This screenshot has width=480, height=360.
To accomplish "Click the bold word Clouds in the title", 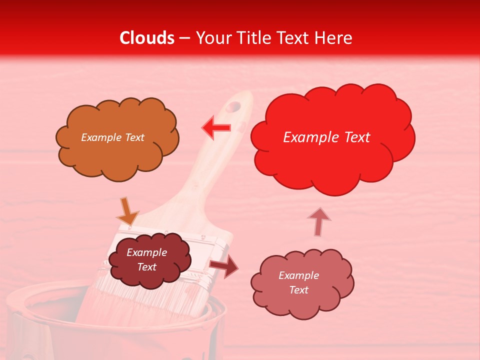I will tap(146, 38).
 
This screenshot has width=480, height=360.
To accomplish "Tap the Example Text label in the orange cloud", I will tap(112, 137).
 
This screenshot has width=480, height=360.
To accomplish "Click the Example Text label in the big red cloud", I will tap(326, 137).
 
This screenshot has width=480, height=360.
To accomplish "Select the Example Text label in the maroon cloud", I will tap(146, 259).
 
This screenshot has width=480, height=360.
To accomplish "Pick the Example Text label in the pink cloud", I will tap(298, 282).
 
